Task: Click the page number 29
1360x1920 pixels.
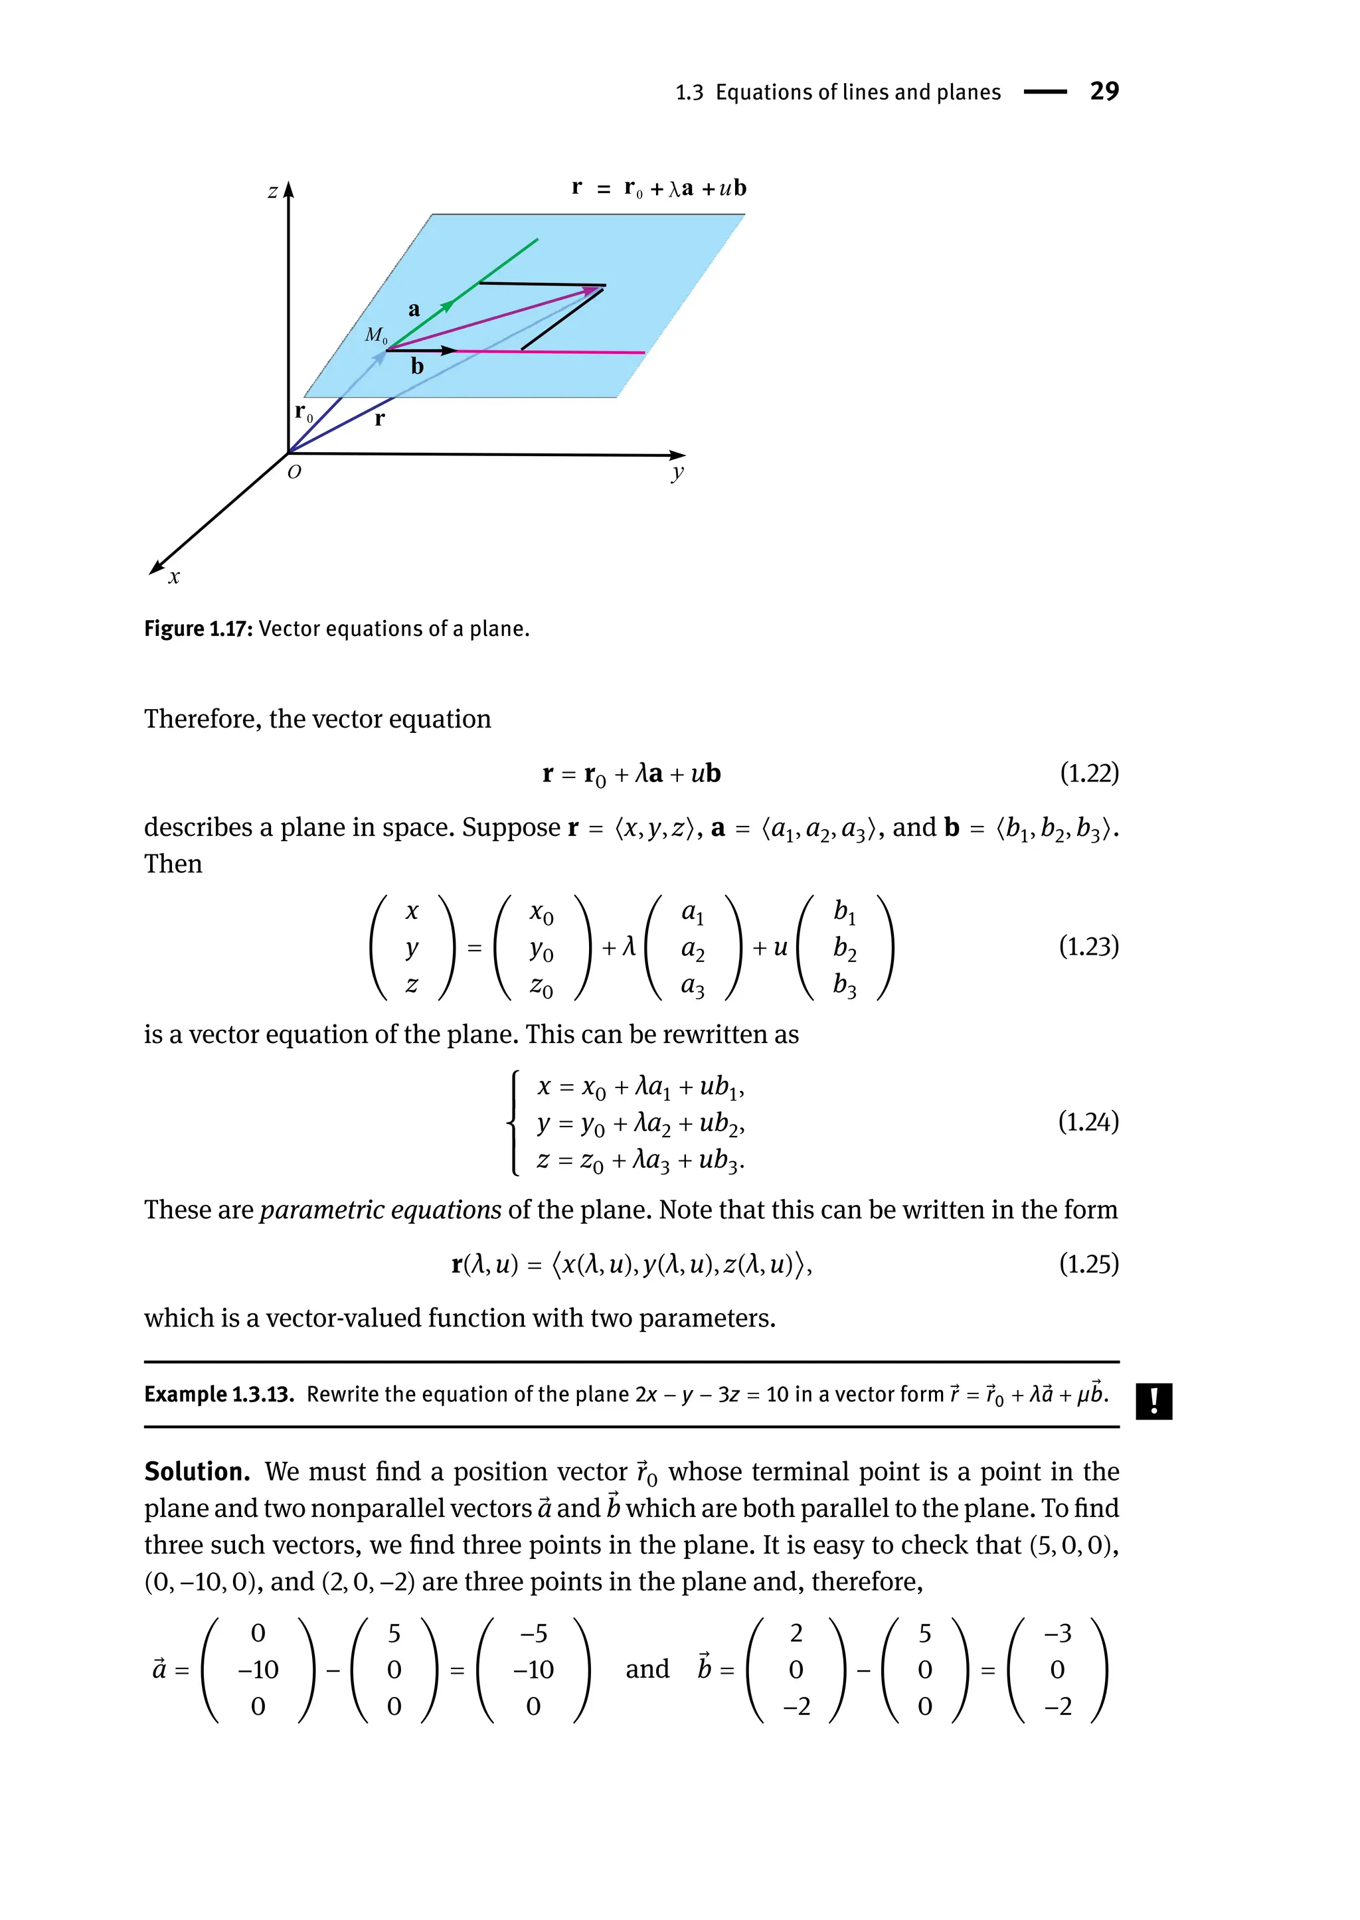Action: point(1104,90)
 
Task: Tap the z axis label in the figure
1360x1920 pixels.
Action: point(272,192)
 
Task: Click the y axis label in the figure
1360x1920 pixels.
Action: point(677,473)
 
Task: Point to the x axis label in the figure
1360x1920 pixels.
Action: point(174,577)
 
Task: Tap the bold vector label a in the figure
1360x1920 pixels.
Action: point(414,310)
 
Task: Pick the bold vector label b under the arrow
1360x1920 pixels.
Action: point(417,366)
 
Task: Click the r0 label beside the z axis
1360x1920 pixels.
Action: point(303,412)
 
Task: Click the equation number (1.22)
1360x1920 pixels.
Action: point(1088,773)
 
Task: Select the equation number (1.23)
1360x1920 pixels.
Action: point(1088,946)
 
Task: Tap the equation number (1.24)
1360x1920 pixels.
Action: point(1088,1121)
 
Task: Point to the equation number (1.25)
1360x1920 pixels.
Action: point(1088,1263)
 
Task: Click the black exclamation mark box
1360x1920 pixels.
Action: point(1154,1401)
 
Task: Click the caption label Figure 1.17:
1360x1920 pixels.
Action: point(198,629)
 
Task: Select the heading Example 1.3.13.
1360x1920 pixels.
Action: point(218,1394)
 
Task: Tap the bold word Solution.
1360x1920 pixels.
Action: point(197,1471)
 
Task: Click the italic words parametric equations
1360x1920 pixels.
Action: point(381,1210)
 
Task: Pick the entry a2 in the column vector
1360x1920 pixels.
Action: point(693,949)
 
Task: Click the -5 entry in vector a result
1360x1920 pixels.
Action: point(533,1634)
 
